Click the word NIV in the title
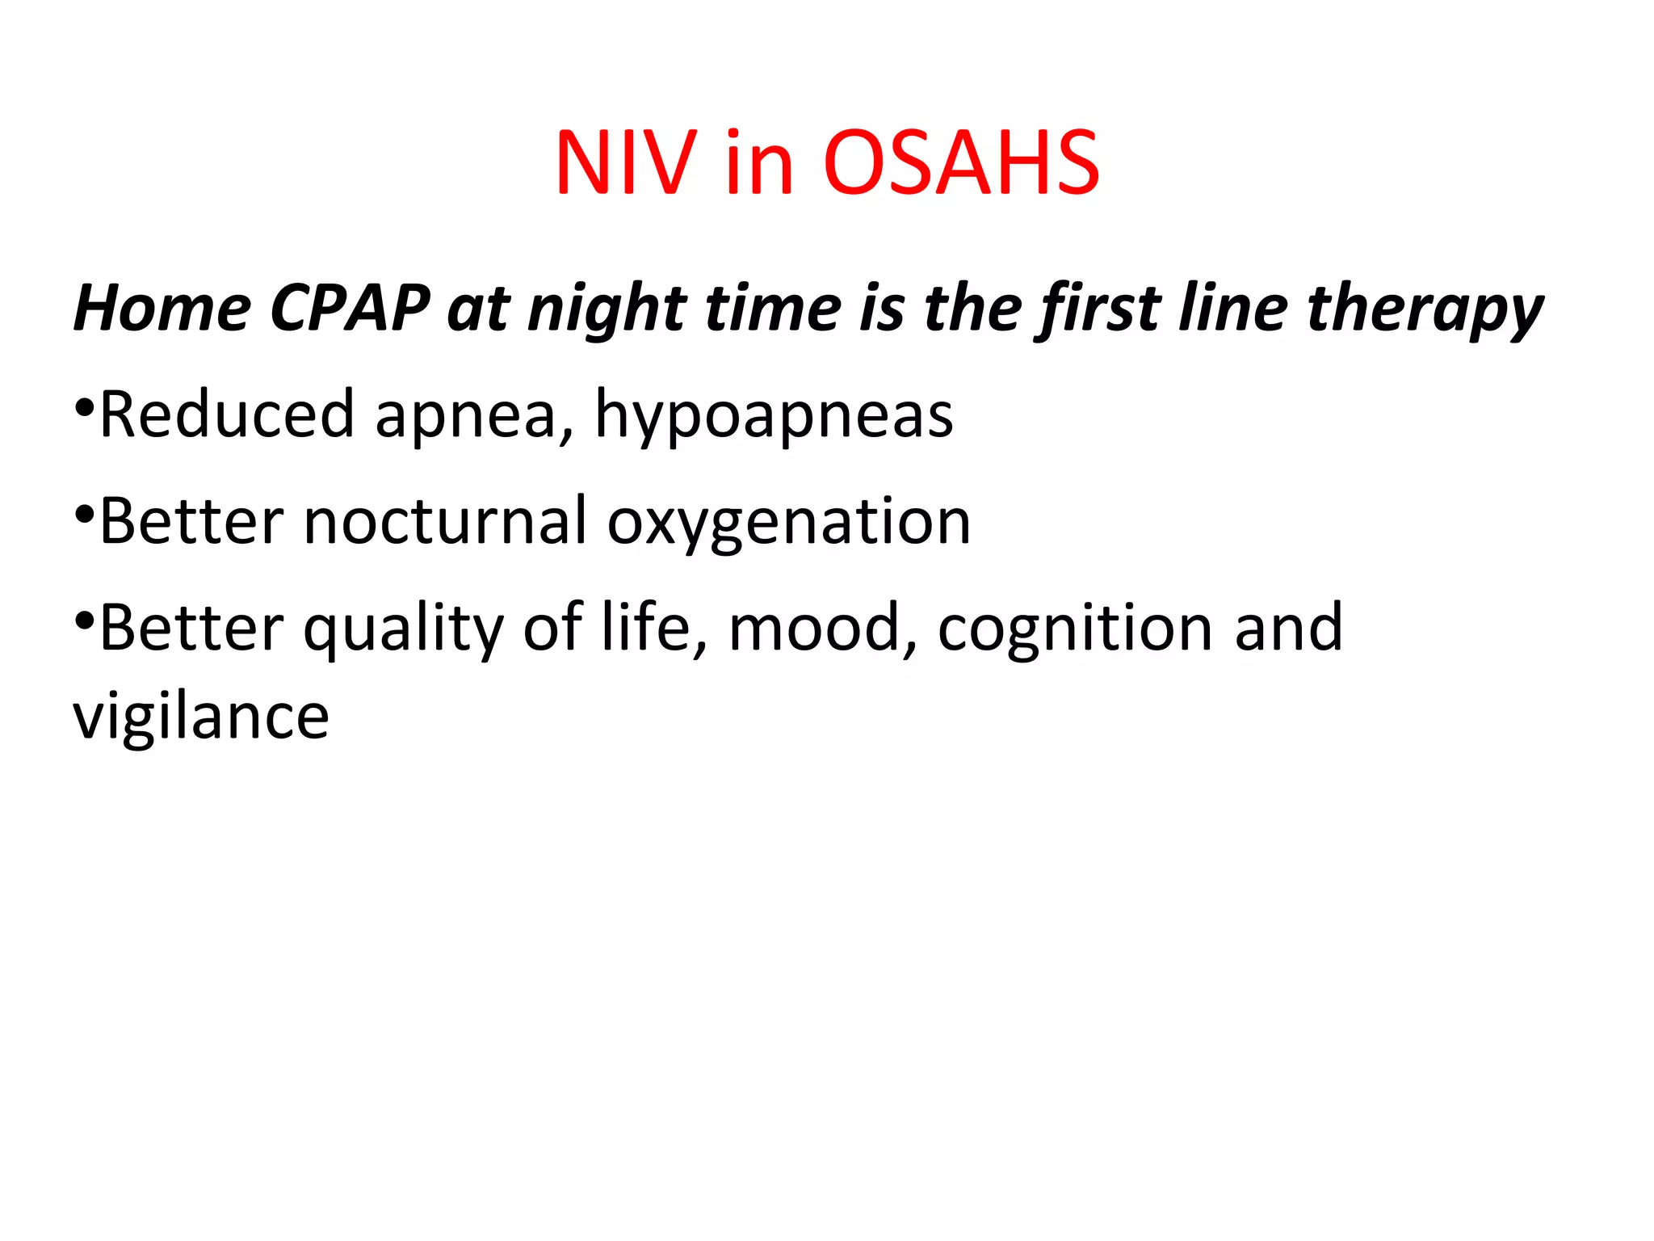pos(626,164)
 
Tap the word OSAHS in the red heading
pos(961,164)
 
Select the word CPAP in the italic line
pos(350,309)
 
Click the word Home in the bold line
pos(162,309)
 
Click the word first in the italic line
pos(1102,309)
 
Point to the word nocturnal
pos(444,521)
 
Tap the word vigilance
pos(201,717)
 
